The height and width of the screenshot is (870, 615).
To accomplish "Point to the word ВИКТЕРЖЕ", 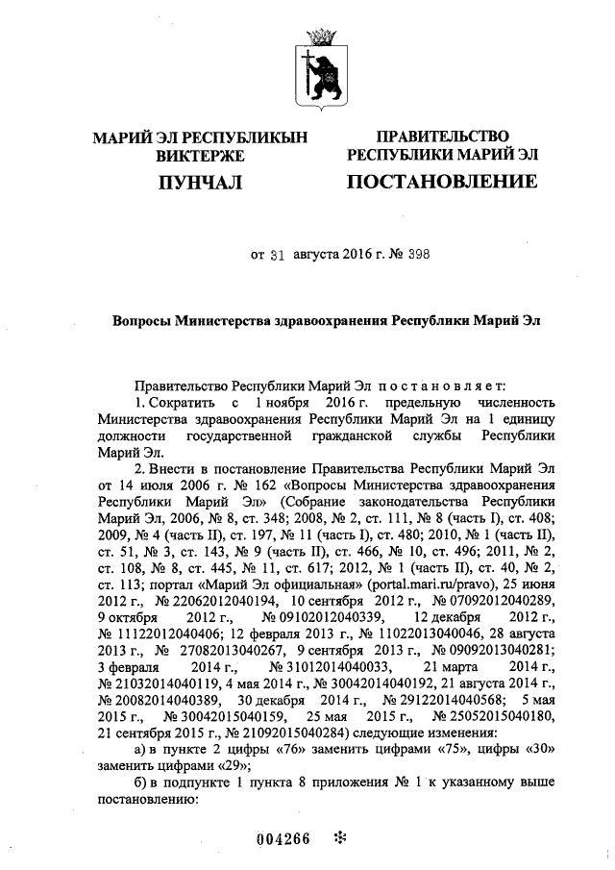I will pyautogui.click(x=200, y=155).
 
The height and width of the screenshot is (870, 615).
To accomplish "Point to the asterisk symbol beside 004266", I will pyautogui.click(x=338, y=836).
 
